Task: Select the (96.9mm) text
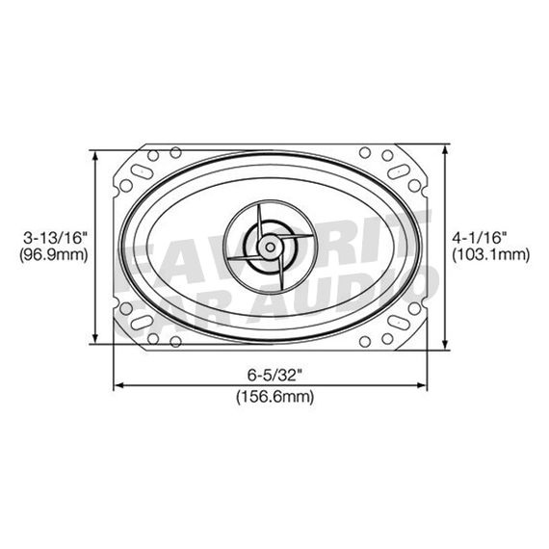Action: pyautogui.click(x=54, y=255)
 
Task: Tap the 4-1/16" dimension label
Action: pyautogui.click(x=490, y=236)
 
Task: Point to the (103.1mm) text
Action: pyautogui.click(x=490, y=255)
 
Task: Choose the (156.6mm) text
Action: pyautogui.click(x=274, y=396)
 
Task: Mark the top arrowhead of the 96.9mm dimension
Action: pyautogui.click(x=94, y=155)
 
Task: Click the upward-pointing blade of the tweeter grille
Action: pyautogui.click(x=263, y=214)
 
